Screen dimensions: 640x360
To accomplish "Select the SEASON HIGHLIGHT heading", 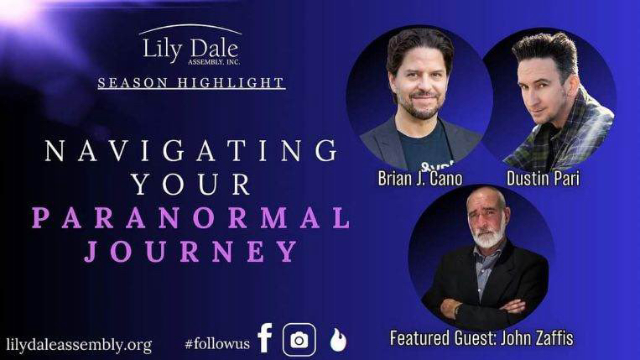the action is (191, 83).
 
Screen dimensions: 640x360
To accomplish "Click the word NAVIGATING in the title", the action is (191, 150).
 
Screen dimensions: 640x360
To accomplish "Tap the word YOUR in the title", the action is (191, 184).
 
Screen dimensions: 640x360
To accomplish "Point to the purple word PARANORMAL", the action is (191, 217).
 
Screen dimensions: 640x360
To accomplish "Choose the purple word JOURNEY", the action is (191, 251).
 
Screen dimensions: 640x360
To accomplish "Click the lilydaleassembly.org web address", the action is (79, 345).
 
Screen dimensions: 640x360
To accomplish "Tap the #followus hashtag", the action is (217, 343).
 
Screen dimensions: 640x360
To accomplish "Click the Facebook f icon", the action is (265, 337).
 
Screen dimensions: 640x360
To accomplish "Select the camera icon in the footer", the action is (299, 340).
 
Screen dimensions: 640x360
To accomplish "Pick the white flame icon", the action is (338, 340).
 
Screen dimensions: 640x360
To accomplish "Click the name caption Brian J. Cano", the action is (420, 179).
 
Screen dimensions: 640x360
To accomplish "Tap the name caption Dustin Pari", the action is (543, 179).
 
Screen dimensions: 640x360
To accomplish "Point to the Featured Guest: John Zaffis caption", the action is (481, 338).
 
